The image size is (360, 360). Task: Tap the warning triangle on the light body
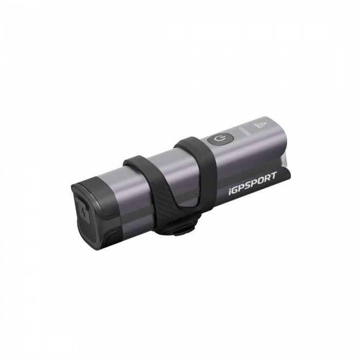258,123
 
